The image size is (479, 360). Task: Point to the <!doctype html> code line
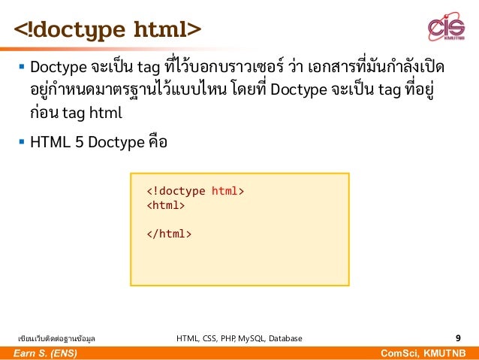195,191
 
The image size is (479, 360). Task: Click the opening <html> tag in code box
165,205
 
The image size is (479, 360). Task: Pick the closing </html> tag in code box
169,234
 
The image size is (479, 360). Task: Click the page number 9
458,338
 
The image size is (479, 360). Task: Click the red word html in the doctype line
226,191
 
